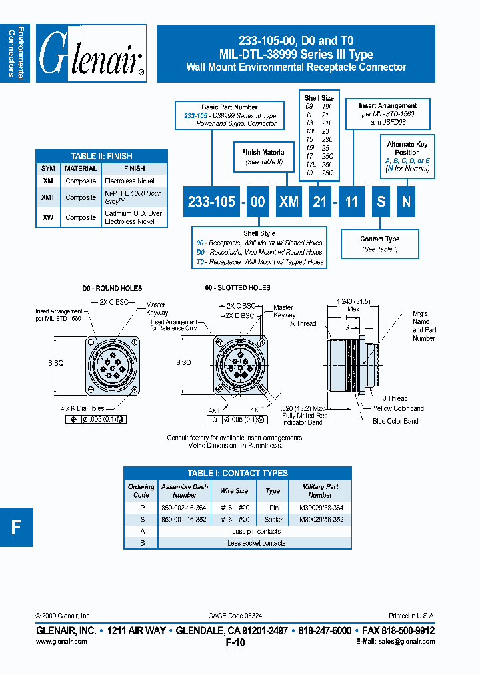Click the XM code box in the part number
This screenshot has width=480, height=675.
pyautogui.click(x=289, y=201)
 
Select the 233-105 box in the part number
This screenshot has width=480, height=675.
pyautogui.click(x=211, y=201)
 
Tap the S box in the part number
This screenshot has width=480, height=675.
pyautogui.click(x=381, y=201)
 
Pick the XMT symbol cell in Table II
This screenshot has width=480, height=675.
pyautogui.click(x=48, y=197)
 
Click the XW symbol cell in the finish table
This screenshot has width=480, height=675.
pyautogui.click(x=48, y=217)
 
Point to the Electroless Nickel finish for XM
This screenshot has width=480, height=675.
pyautogui.click(x=130, y=181)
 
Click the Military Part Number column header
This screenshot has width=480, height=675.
pyautogui.click(x=320, y=491)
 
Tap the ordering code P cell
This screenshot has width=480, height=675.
pyautogui.click(x=141, y=508)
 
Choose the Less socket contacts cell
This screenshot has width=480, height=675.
pyautogui.click(x=256, y=543)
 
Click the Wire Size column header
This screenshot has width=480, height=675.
pyautogui.click(x=234, y=491)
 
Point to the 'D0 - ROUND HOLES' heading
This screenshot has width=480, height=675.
pyautogui.click(x=112, y=288)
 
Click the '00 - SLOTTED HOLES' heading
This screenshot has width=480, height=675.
pyautogui.click(x=237, y=288)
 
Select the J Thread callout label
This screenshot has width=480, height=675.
pyautogui.click(x=395, y=398)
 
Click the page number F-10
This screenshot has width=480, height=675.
pyautogui.click(x=236, y=642)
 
